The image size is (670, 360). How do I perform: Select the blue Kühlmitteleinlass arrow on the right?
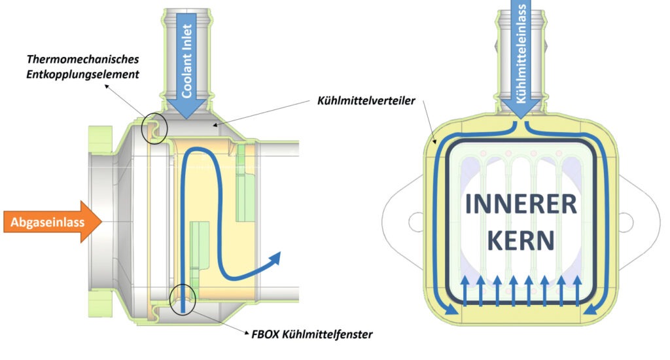[521, 59]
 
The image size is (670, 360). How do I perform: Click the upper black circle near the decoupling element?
[154, 128]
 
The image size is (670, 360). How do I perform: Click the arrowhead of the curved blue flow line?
[275, 257]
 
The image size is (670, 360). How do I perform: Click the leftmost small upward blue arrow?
[465, 289]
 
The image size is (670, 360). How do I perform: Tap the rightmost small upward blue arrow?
[577, 289]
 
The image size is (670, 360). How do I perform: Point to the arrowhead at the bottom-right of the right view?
[591, 312]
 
